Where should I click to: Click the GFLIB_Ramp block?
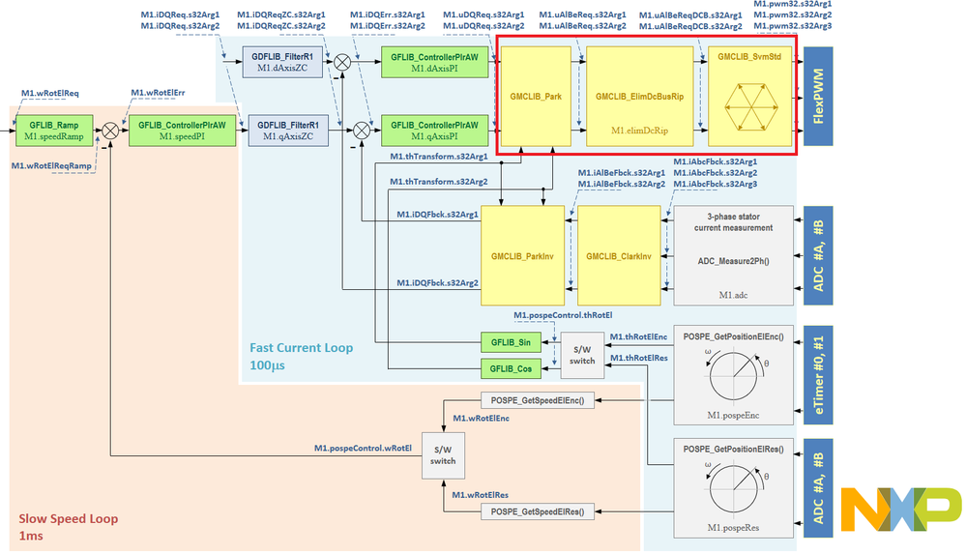click(x=53, y=131)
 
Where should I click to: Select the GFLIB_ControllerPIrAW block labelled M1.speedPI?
click(x=183, y=131)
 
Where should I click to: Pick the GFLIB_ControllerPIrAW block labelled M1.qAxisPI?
click(x=434, y=131)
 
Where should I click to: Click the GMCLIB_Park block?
click(x=540, y=97)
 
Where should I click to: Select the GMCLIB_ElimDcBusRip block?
click(x=639, y=97)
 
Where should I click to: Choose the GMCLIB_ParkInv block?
click(x=520, y=257)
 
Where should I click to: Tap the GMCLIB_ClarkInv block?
click(x=619, y=257)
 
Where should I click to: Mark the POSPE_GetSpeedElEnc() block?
click(x=538, y=400)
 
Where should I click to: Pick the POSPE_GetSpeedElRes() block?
click(x=538, y=510)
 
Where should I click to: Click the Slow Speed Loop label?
click(x=68, y=519)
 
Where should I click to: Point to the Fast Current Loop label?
click(x=300, y=348)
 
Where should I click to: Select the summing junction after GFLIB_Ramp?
click(x=112, y=131)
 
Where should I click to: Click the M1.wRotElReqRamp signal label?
click(x=51, y=166)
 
